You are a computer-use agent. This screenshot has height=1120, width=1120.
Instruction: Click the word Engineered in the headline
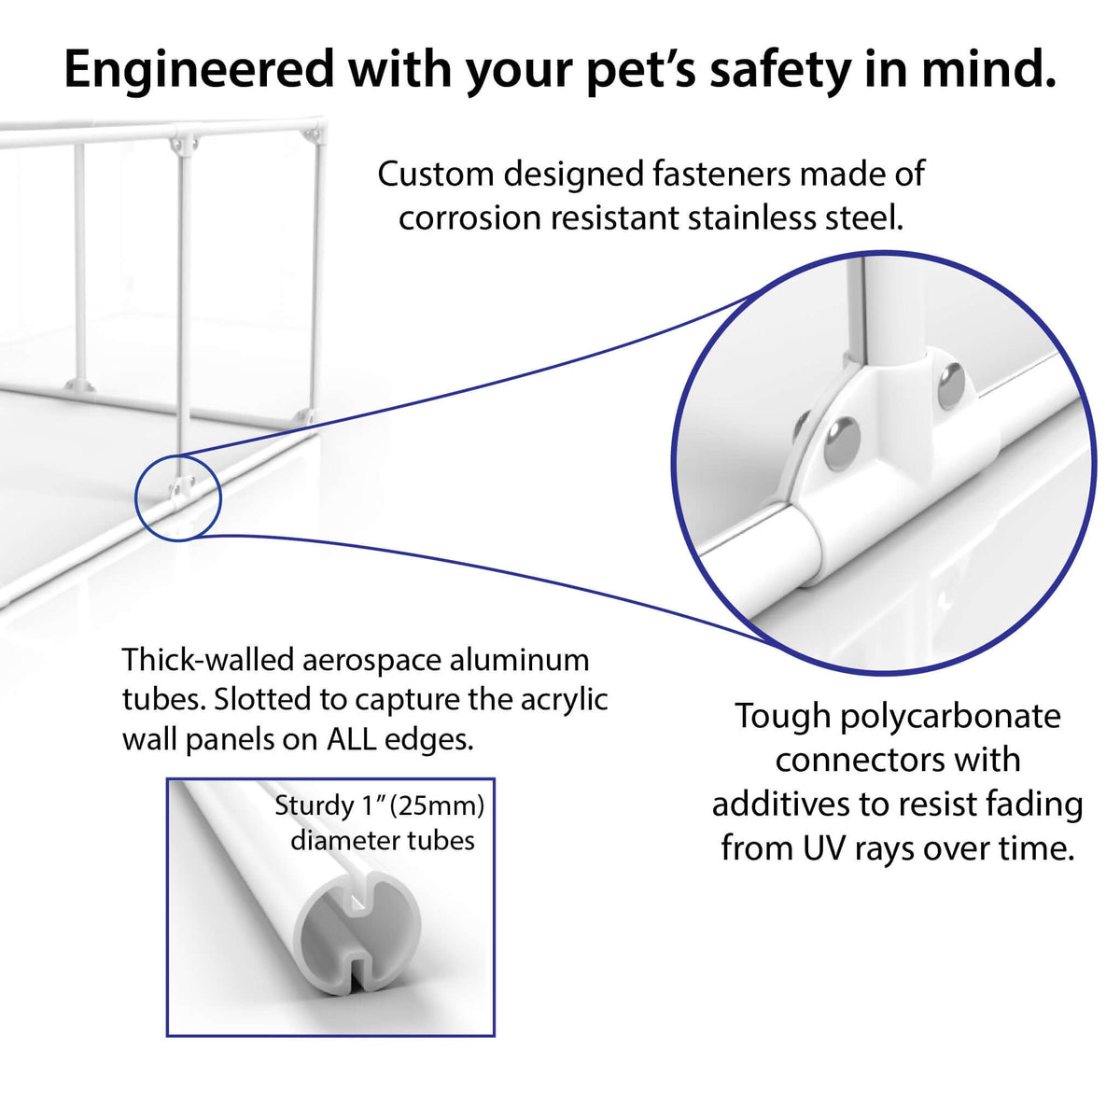(199, 69)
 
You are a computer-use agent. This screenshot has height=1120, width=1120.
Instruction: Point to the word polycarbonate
(950, 716)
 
